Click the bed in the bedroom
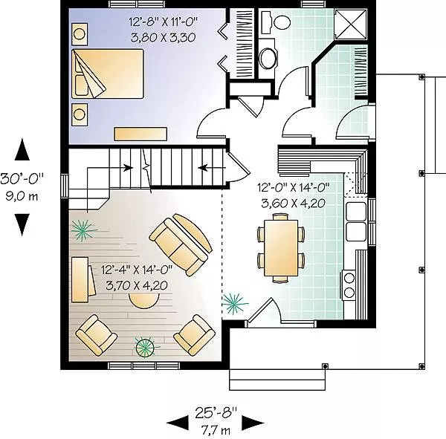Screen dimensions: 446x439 tap(108, 74)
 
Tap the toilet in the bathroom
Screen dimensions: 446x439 tap(276, 21)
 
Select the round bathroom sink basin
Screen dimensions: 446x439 tap(268, 58)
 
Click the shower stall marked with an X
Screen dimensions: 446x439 tap(351, 24)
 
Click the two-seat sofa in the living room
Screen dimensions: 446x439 tap(181, 244)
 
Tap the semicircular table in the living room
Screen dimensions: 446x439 tap(143, 301)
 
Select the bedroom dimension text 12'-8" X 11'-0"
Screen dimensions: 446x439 tap(163, 22)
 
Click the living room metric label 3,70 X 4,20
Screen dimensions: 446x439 tap(137, 285)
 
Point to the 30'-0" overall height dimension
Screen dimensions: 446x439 tap(22, 179)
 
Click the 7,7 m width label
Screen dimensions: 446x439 tap(216, 431)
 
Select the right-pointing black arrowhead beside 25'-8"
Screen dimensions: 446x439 tap(253, 423)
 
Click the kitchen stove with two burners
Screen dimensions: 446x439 tap(349, 284)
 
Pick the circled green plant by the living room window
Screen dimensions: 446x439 tap(145, 347)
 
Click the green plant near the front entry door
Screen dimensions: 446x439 tap(234, 303)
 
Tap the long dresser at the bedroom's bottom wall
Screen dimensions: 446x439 tap(140, 134)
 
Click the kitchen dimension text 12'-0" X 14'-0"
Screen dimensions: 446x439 tap(294, 188)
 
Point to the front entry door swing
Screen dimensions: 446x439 tap(264, 310)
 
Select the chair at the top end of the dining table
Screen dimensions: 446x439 tap(281, 217)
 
